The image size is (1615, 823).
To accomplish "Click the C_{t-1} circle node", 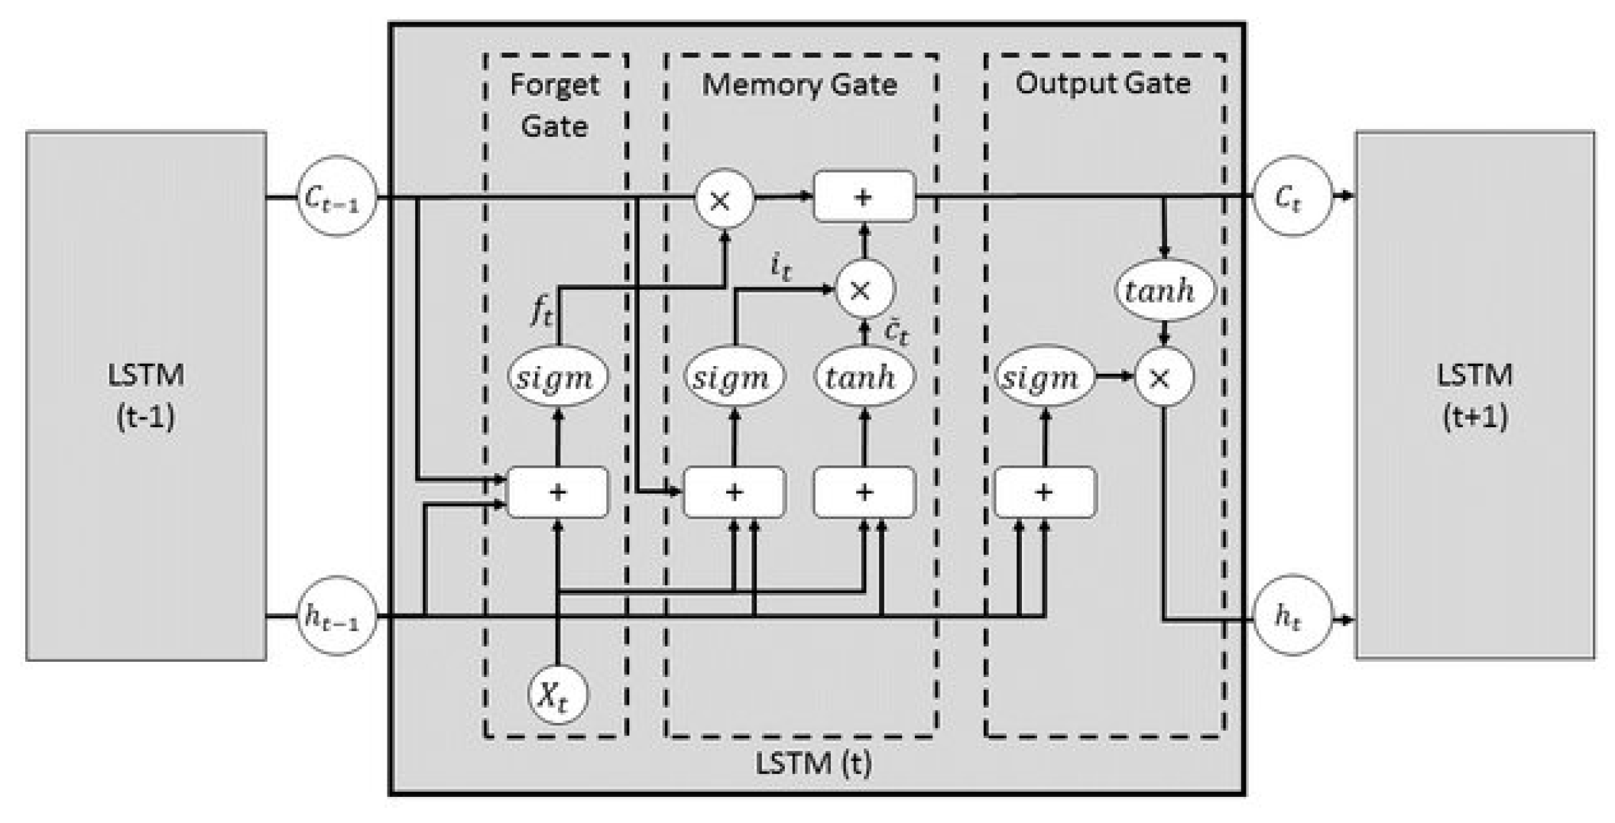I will pos(336,197).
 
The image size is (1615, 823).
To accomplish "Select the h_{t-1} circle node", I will pos(336,616).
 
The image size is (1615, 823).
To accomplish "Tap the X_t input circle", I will pos(557,695).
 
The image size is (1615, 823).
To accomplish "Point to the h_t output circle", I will pos(1292,616).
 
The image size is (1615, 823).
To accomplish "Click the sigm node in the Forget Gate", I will pos(557,377).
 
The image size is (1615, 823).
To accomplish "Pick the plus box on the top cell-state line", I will pos(864,197).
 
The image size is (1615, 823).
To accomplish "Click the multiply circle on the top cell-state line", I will pos(723,199).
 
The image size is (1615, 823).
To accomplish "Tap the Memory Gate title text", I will pos(799,84).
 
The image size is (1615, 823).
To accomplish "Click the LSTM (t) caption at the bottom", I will pos(812,763).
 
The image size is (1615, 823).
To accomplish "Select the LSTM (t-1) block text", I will pos(146,395).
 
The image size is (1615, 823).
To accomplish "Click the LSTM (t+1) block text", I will pos(1474,395).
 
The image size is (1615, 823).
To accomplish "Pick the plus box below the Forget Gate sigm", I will pos(558,492).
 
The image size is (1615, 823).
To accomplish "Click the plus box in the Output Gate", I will pos(1044,492).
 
